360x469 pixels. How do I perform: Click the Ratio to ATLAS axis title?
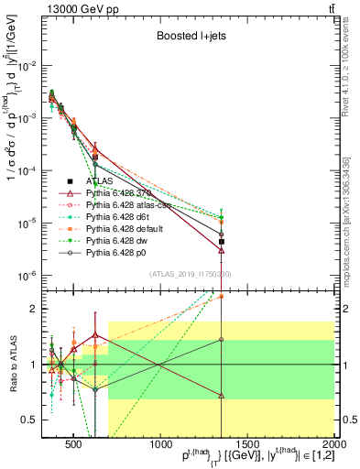pyautogui.click(x=12, y=365)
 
